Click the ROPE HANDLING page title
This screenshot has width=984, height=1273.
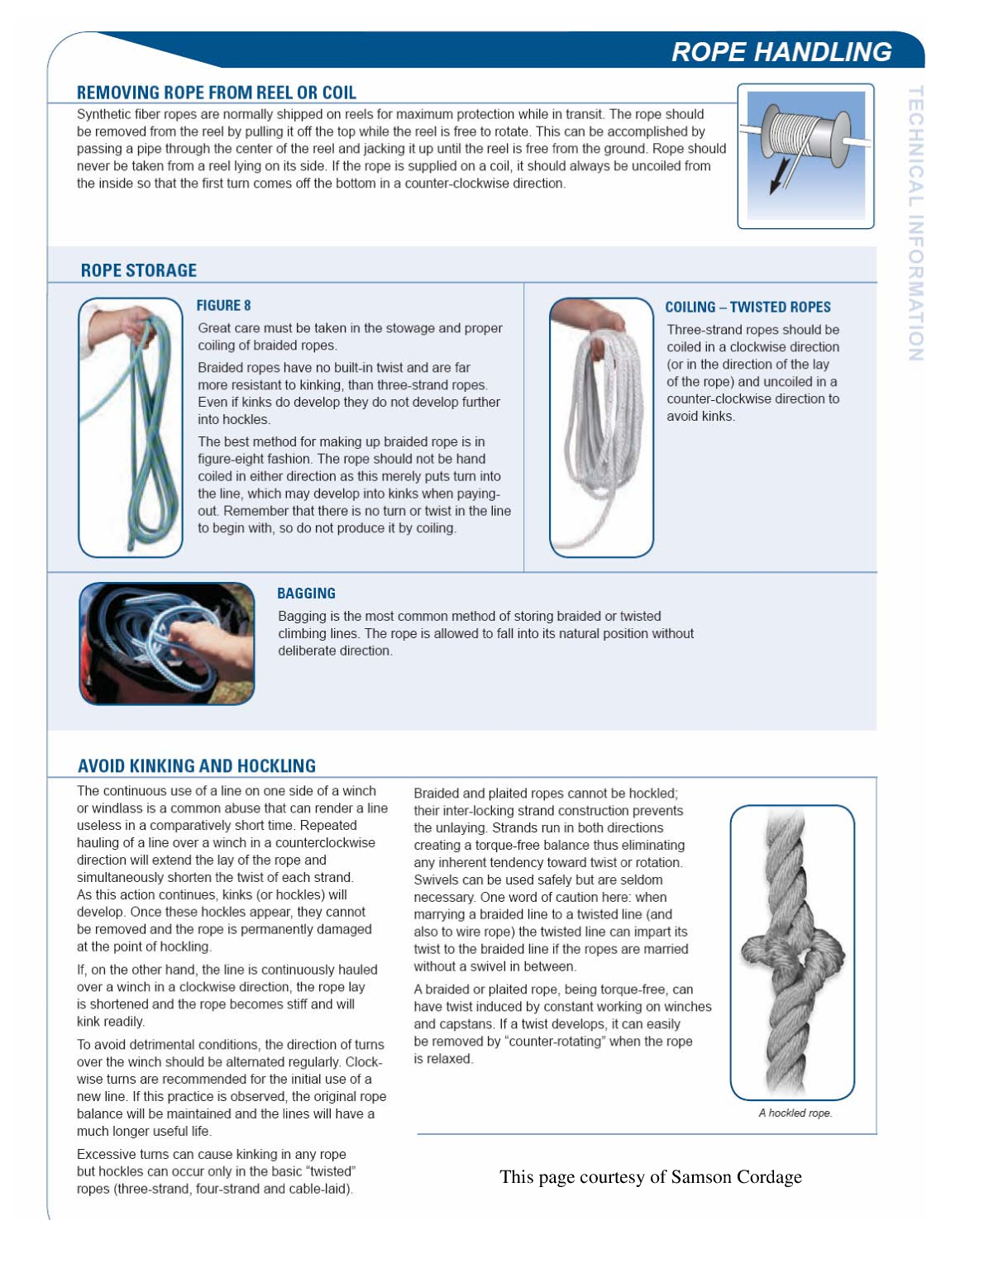pyautogui.click(x=781, y=51)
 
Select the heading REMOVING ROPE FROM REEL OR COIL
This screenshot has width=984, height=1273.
pyautogui.click(x=216, y=93)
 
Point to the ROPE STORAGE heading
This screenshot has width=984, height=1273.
pyautogui.click(x=138, y=270)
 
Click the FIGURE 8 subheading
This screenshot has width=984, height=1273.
pyautogui.click(x=223, y=305)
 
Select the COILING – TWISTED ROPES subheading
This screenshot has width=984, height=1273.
pyautogui.click(x=747, y=307)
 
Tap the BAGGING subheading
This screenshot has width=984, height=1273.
pyautogui.click(x=306, y=593)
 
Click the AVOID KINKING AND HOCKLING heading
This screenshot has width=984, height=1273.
pyautogui.click(x=197, y=765)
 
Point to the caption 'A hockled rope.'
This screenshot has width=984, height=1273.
pyautogui.click(x=795, y=1113)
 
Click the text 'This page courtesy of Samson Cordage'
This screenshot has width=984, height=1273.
pyautogui.click(x=650, y=1176)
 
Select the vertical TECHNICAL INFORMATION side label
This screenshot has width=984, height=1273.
pyautogui.click(x=915, y=223)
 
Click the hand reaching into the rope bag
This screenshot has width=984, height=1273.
pyautogui.click(x=207, y=645)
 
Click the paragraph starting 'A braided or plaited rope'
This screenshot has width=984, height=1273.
pyautogui.click(x=562, y=1023)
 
